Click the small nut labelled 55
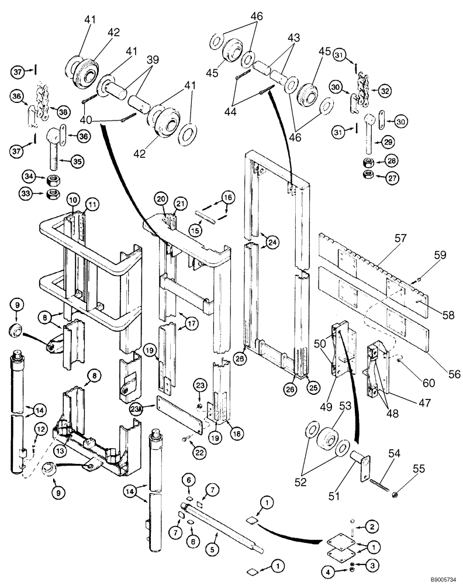(395, 494)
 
